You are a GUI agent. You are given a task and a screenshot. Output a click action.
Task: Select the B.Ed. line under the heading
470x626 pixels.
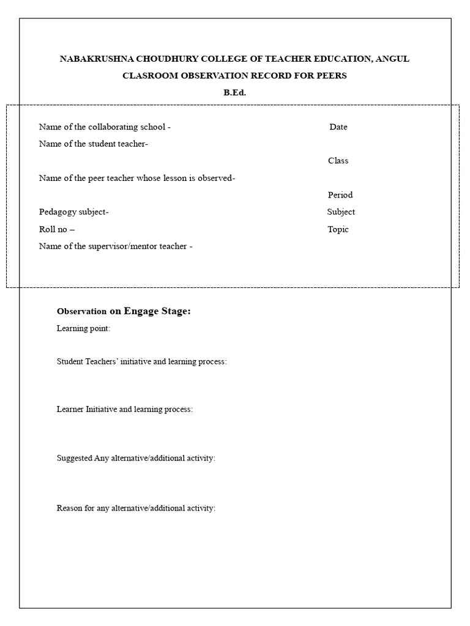(x=234, y=93)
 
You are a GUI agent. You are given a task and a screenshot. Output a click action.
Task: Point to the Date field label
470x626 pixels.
(x=338, y=127)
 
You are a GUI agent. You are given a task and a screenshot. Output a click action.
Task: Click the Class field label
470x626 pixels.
(x=338, y=161)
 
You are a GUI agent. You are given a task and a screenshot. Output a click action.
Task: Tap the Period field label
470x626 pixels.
(x=340, y=195)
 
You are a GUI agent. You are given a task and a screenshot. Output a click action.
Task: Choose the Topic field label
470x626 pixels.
(x=338, y=229)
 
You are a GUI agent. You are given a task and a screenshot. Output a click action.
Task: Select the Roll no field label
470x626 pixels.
(x=56, y=229)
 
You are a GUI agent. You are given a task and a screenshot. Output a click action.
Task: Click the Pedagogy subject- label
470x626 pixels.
(x=73, y=212)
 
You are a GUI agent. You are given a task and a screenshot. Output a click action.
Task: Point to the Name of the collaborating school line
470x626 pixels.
(x=105, y=127)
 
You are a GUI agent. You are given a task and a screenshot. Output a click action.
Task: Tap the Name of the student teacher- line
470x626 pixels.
(x=93, y=144)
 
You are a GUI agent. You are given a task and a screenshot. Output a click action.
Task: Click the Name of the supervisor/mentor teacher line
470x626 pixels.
(x=116, y=246)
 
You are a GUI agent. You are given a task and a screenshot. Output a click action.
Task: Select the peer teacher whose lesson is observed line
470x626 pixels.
(x=137, y=179)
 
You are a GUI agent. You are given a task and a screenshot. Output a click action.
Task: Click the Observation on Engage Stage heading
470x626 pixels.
(x=124, y=311)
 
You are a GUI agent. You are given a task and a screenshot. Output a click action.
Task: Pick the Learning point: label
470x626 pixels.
(x=83, y=328)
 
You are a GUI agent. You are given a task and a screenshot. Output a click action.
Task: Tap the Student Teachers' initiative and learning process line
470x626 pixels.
(x=141, y=361)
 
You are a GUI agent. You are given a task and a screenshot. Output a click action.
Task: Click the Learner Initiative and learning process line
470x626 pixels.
(x=124, y=409)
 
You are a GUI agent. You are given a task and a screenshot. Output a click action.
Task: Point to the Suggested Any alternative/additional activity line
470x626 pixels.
(x=136, y=458)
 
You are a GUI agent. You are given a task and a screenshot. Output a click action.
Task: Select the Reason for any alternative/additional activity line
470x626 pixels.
(x=136, y=508)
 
